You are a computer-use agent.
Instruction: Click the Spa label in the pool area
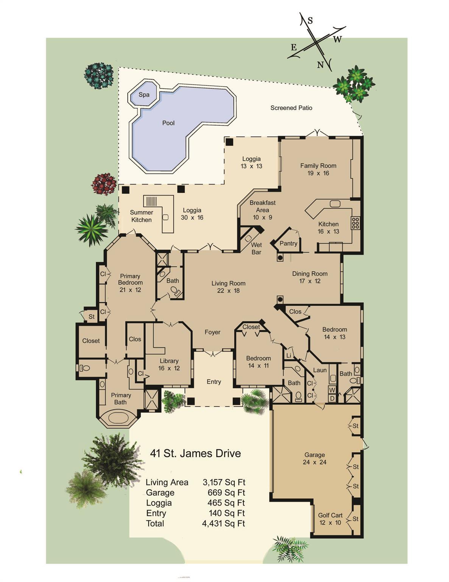(144, 95)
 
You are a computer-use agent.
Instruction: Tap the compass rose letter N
(320, 65)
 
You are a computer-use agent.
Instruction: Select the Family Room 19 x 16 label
(318, 169)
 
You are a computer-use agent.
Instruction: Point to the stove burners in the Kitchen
(355, 223)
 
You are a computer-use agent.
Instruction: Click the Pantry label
(288, 244)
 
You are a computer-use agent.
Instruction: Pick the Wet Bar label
(256, 249)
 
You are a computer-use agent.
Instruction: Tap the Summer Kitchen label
(141, 216)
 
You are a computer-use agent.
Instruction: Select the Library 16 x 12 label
(169, 365)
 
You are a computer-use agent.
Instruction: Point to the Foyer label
(212, 332)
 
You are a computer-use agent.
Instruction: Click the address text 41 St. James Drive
(195, 454)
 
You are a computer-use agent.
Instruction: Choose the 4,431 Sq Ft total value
(223, 524)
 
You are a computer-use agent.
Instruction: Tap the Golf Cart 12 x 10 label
(330, 519)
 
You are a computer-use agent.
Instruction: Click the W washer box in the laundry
(332, 390)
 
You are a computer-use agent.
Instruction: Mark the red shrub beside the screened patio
(104, 184)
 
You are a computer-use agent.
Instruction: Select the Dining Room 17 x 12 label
(310, 277)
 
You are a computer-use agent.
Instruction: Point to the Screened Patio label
(291, 108)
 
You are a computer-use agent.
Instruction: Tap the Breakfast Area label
(262, 210)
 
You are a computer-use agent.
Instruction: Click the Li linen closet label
(289, 355)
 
